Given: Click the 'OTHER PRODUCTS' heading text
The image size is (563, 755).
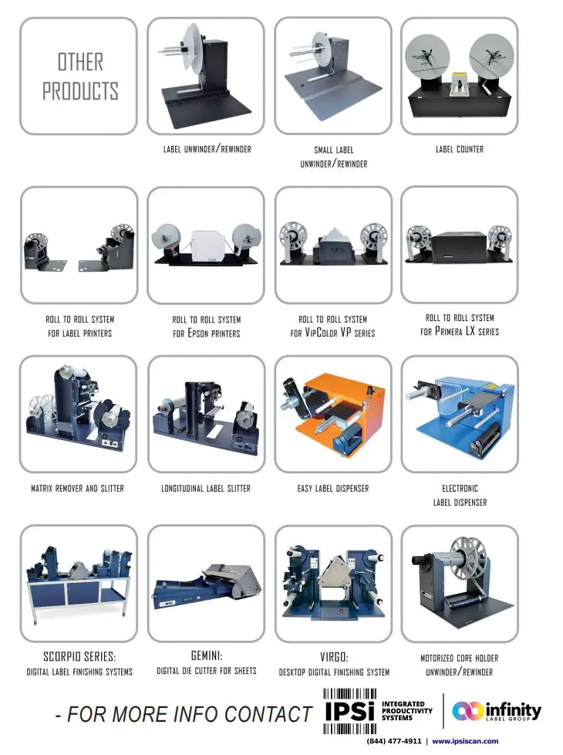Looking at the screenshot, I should point(79,76).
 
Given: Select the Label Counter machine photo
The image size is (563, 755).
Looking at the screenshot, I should point(460,76).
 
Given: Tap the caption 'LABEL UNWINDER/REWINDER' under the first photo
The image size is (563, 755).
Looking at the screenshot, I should point(207,148).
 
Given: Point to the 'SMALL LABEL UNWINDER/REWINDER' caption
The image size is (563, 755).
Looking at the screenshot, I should point(333,157).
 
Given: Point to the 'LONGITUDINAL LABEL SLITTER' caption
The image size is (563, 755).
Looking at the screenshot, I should point(206,488).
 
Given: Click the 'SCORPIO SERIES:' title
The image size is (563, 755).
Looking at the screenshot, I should point(80,657).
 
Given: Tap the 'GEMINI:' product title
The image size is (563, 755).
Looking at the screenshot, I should point(206,655).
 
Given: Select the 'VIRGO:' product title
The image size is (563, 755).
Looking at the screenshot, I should point(334,657).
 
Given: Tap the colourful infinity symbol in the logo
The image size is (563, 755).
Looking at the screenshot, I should point(468,710).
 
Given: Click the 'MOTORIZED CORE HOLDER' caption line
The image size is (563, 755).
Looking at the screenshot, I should point(459,658).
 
